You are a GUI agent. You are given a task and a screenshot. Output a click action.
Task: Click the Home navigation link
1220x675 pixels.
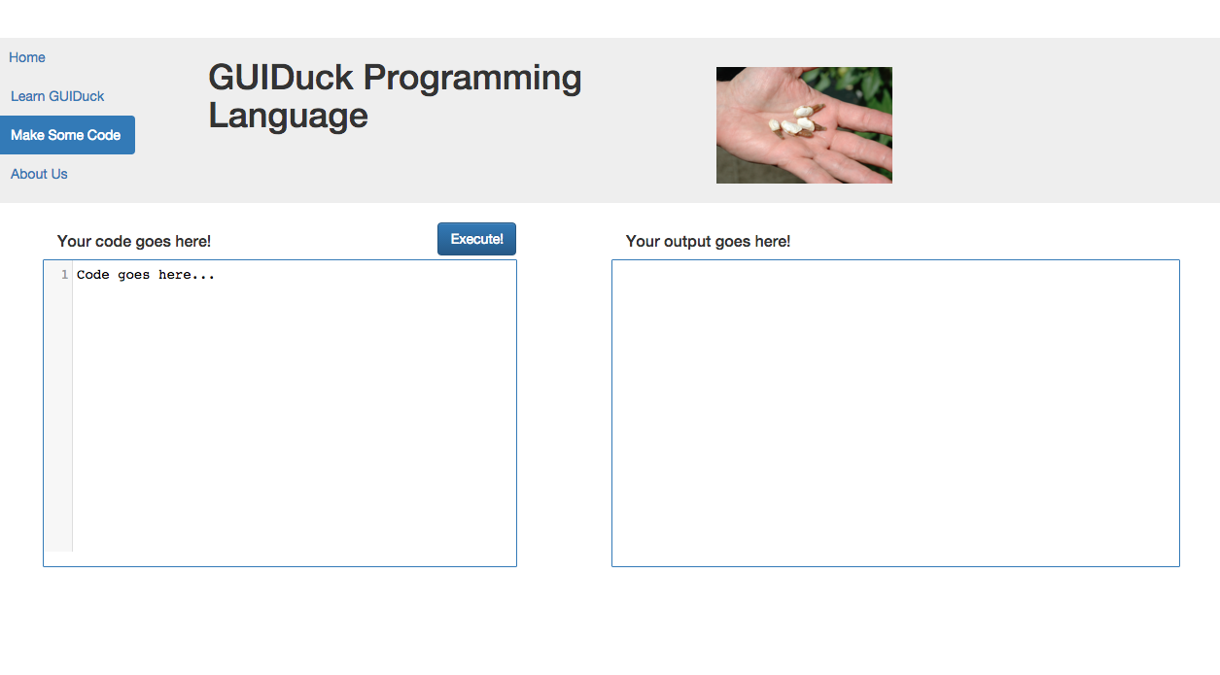click(x=26, y=57)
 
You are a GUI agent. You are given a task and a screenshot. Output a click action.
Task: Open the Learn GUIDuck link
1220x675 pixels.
click(x=57, y=96)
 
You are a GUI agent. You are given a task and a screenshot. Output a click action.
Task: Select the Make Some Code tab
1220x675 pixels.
click(x=67, y=135)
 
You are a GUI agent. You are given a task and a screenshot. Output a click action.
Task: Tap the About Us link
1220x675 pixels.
click(x=39, y=174)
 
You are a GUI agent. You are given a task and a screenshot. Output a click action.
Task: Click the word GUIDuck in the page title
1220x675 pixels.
click(x=281, y=78)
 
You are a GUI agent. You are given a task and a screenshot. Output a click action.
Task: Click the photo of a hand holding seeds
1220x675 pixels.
click(x=804, y=125)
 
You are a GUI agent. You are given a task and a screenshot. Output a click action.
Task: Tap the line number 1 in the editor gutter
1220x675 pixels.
click(x=65, y=274)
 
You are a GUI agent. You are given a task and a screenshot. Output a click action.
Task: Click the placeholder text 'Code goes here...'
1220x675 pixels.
click(x=146, y=275)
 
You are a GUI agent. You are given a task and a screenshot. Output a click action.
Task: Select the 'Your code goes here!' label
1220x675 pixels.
click(x=134, y=241)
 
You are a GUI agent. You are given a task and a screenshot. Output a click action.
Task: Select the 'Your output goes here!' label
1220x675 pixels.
click(x=708, y=241)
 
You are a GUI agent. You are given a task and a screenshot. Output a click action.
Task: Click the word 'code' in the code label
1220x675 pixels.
click(x=114, y=241)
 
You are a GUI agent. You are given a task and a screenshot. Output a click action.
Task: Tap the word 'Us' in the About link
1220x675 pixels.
click(x=59, y=174)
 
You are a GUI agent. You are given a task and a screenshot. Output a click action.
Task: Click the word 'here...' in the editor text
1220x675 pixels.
click(x=187, y=275)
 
